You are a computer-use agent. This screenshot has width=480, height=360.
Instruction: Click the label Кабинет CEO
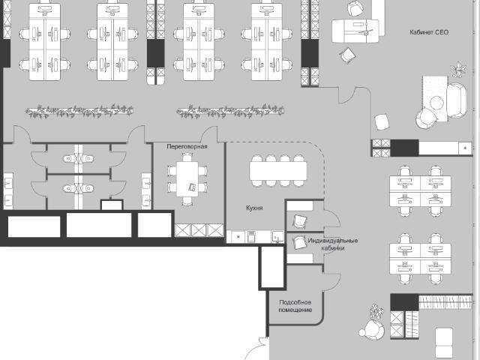point(429,32)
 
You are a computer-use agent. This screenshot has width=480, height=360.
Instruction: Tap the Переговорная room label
point(187,146)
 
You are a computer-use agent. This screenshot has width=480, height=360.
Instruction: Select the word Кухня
point(254,208)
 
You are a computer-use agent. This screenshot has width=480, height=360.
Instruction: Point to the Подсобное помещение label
point(295,306)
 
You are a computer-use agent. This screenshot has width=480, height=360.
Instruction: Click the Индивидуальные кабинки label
point(333,244)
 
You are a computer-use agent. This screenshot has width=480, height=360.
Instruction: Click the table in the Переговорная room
point(187,179)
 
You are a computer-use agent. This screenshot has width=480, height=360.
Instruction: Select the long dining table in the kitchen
point(278,171)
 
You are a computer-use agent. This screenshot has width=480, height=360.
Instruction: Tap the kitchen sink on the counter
point(277,237)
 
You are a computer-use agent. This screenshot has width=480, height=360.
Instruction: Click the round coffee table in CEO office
point(436,103)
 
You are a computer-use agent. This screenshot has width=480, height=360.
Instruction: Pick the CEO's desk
point(355,31)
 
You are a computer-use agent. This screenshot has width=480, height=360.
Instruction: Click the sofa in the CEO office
point(457,100)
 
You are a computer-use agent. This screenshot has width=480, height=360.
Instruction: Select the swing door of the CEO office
point(346,95)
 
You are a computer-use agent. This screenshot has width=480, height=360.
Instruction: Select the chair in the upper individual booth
point(300,221)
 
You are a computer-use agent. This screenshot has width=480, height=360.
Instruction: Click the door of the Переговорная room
point(209,134)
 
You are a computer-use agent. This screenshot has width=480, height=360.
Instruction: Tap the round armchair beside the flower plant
point(373,330)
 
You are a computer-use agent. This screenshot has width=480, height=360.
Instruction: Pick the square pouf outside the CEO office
point(382,121)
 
